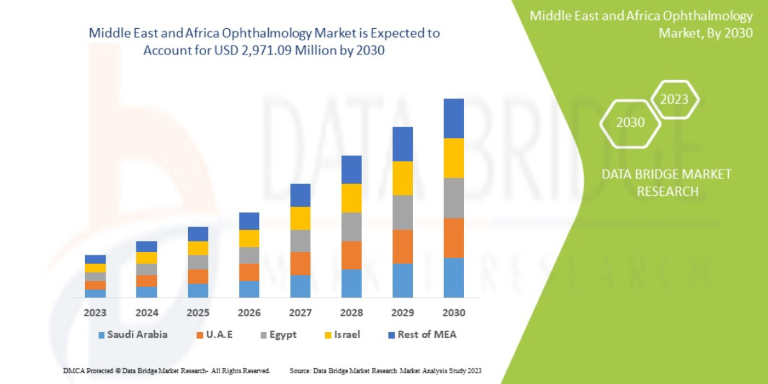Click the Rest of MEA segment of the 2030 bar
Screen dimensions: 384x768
pyautogui.click(x=454, y=118)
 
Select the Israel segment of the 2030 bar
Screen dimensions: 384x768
pyautogui.click(x=454, y=158)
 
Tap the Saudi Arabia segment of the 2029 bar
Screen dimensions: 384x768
pyautogui.click(x=403, y=280)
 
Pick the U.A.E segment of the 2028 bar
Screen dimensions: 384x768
pyautogui.click(x=351, y=255)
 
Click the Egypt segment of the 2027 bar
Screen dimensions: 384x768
pyautogui.click(x=300, y=241)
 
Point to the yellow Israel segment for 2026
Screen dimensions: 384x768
pyautogui.click(x=249, y=238)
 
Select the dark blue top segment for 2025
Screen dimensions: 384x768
pyautogui.click(x=198, y=234)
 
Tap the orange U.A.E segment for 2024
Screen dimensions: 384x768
pyautogui.click(x=147, y=281)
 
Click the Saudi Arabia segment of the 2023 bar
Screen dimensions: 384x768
pyautogui.click(x=95, y=293)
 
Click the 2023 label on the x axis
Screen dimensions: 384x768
pyautogui.click(x=95, y=314)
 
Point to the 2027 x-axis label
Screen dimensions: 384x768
pyautogui.click(x=300, y=314)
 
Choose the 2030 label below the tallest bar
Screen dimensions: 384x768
pyautogui.click(x=454, y=314)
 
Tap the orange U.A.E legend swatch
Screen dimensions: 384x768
pyautogui.click(x=200, y=335)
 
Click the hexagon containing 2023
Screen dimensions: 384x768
pyautogui.click(x=674, y=99)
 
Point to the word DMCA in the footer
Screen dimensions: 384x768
pyautogui.click(x=74, y=371)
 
